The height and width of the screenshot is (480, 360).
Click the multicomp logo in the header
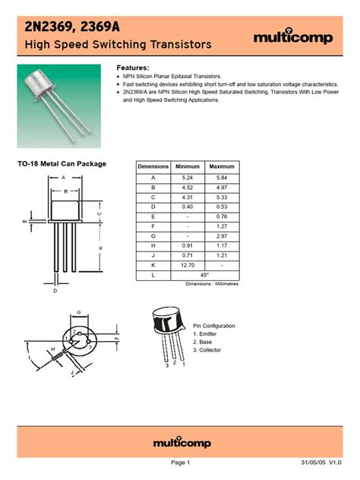click(x=292, y=37)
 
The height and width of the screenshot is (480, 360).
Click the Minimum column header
click(x=188, y=166)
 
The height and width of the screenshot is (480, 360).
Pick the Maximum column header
click(x=222, y=166)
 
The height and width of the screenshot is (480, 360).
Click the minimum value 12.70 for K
click(x=188, y=266)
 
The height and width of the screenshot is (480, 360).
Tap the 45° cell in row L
click(x=205, y=276)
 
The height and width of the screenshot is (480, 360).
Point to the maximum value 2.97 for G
click(x=222, y=236)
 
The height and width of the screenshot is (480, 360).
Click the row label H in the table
click(x=153, y=246)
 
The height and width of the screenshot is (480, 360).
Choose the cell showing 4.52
click(x=188, y=187)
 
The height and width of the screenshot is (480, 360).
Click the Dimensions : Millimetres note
click(x=212, y=284)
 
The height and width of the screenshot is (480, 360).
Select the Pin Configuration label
click(x=214, y=325)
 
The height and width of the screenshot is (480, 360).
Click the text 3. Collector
click(x=208, y=350)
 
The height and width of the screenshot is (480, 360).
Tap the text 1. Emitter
click(x=207, y=333)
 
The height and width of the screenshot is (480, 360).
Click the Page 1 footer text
click(x=180, y=463)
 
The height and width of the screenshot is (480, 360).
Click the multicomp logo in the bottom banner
click(x=180, y=443)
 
